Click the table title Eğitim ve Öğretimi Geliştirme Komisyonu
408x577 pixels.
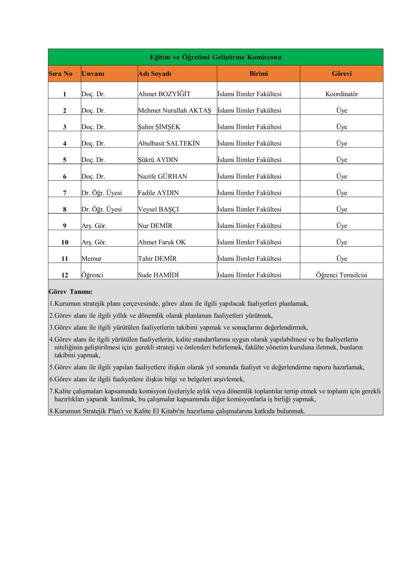point(216,57)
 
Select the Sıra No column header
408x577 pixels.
point(61,74)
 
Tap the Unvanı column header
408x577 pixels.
point(93,74)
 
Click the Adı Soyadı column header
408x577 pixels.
point(154,74)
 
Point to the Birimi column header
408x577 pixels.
point(258,74)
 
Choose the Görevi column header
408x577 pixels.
point(342,74)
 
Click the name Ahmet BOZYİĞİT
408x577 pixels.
point(164,94)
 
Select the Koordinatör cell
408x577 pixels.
point(342,94)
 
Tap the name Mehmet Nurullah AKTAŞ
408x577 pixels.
point(174,111)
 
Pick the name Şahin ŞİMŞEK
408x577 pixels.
point(159,127)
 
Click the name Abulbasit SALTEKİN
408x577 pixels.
point(168,143)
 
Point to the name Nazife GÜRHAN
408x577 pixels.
point(163,176)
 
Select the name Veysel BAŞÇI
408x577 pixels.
point(158,209)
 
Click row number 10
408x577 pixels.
point(64,242)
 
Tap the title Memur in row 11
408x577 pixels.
point(91,259)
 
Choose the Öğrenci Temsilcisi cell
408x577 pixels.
point(342,275)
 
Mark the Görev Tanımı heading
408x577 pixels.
point(71,291)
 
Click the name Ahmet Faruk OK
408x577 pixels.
point(162,242)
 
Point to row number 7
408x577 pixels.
point(64,193)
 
